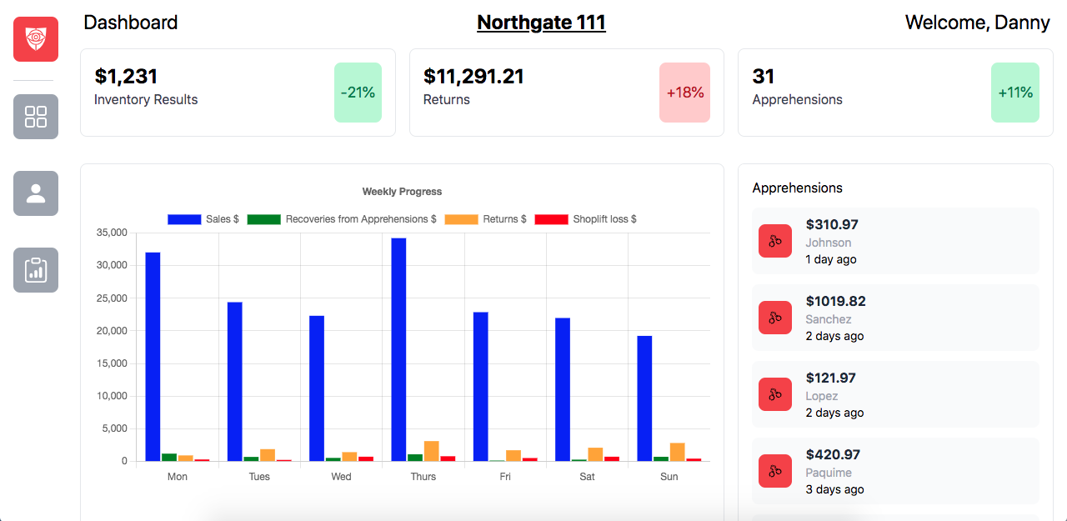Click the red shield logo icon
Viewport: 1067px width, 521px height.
[x=36, y=39]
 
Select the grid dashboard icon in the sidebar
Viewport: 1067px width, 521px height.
[x=36, y=117]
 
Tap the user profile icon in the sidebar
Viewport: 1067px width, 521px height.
[x=36, y=193]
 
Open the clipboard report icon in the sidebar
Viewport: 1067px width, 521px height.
[x=36, y=270]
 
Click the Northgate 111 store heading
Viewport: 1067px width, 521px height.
[x=541, y=23]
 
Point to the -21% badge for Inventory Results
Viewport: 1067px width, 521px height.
[x=358, y=93]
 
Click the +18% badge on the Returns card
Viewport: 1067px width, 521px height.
[x=684, y=93]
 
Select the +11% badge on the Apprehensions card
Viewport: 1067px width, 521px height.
[x=1015, y=93]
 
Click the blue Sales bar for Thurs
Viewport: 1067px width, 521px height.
[x=398, y=349]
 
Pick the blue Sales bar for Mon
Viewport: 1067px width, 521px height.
[x=153, y=357]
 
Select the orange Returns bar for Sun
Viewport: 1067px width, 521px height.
[x=677, y=452]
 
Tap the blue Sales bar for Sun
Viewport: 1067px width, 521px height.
[x=644, y=398]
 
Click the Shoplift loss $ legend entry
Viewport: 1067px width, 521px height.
[x=586, y=219]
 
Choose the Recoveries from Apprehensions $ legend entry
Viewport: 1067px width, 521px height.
[x=343, y=219]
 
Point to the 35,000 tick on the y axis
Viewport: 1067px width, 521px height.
[x=112, y=233]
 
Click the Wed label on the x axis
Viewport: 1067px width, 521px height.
[x=341, y=477]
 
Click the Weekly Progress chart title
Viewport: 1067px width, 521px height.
[x=402, y=192]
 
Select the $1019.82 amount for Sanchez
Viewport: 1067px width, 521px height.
[x=835, y=301]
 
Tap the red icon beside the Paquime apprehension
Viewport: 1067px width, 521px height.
[x=775, y=471]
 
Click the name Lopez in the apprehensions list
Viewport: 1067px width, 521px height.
[x=821, y=396]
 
